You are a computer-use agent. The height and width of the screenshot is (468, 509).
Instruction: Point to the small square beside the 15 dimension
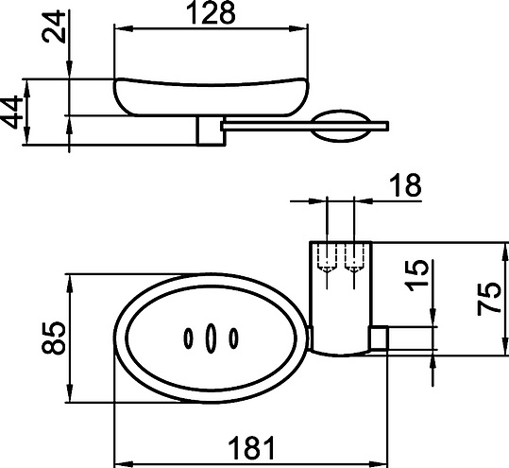coord(378,338)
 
